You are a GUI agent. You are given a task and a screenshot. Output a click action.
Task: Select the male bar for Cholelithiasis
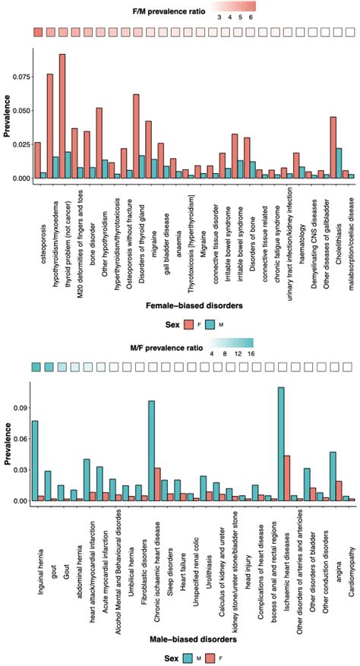pyautogui.click(x=339, y=163)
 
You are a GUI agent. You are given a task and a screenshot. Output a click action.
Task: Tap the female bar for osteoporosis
pyautogui.click(x=37, y=160)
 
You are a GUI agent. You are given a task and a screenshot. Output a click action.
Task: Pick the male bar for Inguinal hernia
pyautogui.click(x=34, y=461)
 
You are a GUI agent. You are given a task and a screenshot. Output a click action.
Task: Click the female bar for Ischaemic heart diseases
pyautogui.click(x=287, y=478)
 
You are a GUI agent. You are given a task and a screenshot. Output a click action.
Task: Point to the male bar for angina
pyautogui.click(x=333, y=477)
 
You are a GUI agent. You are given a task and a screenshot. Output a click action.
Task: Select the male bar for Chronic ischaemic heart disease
pyautogui.click(x=151, y=451)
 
